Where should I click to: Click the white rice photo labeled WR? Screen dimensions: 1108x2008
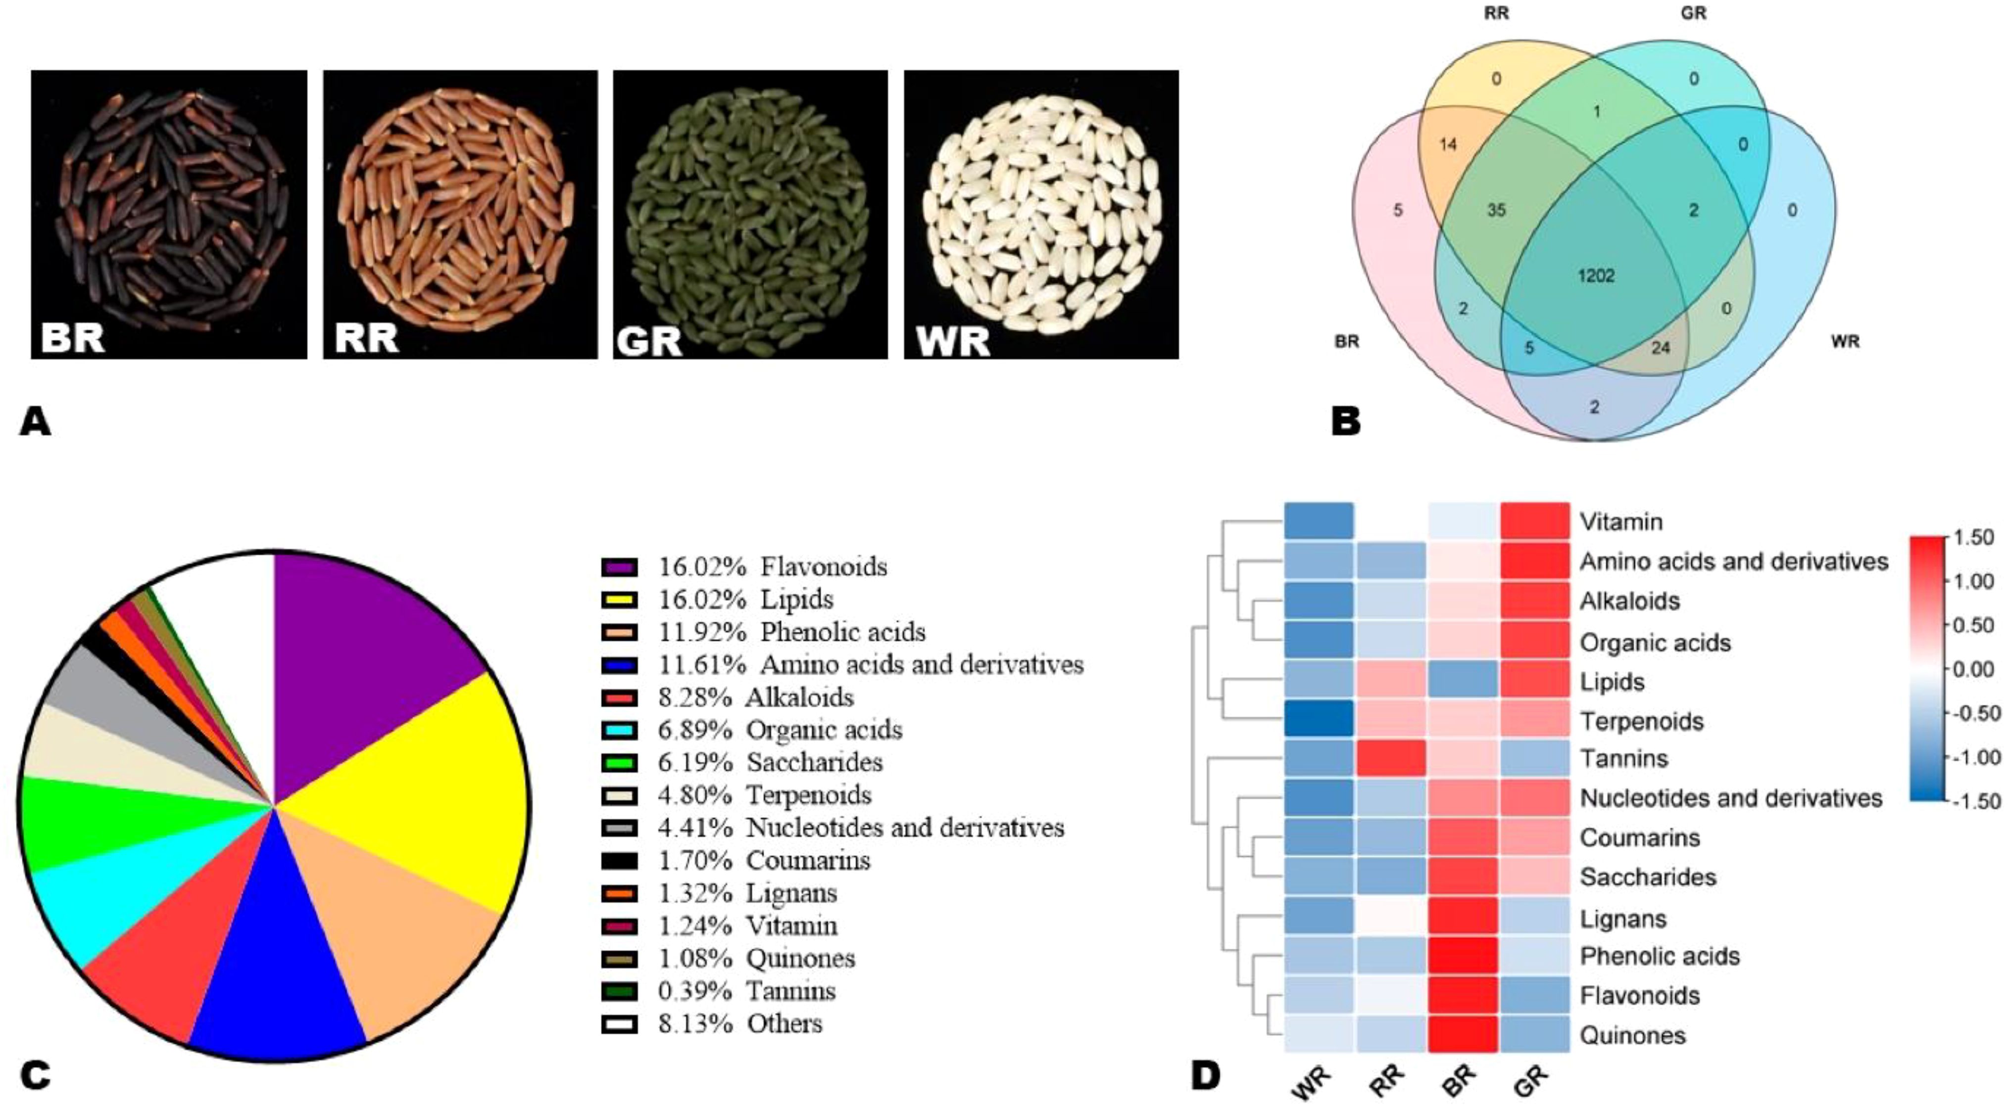[x=1041, y=214]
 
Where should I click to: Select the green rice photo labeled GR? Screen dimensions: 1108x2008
[x=750, y=214]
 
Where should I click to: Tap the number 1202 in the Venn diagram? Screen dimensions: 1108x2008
[x=1596, y=276]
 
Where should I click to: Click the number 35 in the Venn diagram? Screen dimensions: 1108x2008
[x=1496, y=210]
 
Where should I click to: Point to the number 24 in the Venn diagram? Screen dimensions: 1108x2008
[x=1661, y=348]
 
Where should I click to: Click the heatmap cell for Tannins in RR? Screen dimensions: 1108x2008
[x=1391, y=759]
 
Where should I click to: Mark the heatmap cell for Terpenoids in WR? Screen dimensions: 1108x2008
[x=1319, y=720]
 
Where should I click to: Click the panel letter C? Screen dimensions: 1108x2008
[x=36, y=1076]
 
